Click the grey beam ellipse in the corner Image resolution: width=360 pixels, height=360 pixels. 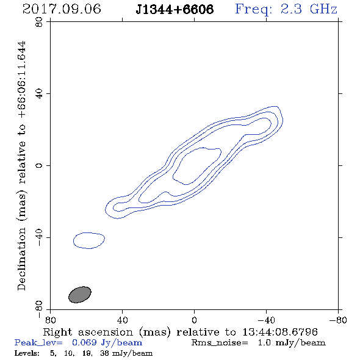pos(80,295)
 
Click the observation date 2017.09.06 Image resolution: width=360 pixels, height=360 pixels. pos(62,9)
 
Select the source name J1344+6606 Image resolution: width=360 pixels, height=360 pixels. pos(175,9)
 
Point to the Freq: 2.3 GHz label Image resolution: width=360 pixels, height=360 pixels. pos(286,9)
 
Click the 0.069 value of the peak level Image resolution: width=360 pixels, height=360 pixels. pos(84,342)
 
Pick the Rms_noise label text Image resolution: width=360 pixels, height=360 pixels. pos(220,343)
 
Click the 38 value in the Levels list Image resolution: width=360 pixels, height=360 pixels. pos(104,353)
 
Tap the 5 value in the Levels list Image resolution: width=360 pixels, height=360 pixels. pos(53,353)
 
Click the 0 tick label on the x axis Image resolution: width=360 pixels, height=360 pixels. pos(194,320)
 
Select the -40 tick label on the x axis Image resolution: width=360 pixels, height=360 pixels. pos(266,320)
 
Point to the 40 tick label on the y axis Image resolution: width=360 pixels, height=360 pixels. pos(39,94)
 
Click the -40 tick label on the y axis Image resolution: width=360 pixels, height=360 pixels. pos(39,237)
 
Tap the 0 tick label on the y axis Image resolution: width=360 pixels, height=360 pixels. pos(39,165)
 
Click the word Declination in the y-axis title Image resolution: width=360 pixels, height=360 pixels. pos(21,259)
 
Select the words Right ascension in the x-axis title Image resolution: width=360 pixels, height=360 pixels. pos(88,332)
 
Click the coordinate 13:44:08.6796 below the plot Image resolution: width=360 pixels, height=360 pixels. pos(280,332)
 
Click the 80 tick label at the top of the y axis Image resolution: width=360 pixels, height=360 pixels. pos(39,22)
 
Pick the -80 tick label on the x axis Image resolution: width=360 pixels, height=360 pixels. pos(338,320)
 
